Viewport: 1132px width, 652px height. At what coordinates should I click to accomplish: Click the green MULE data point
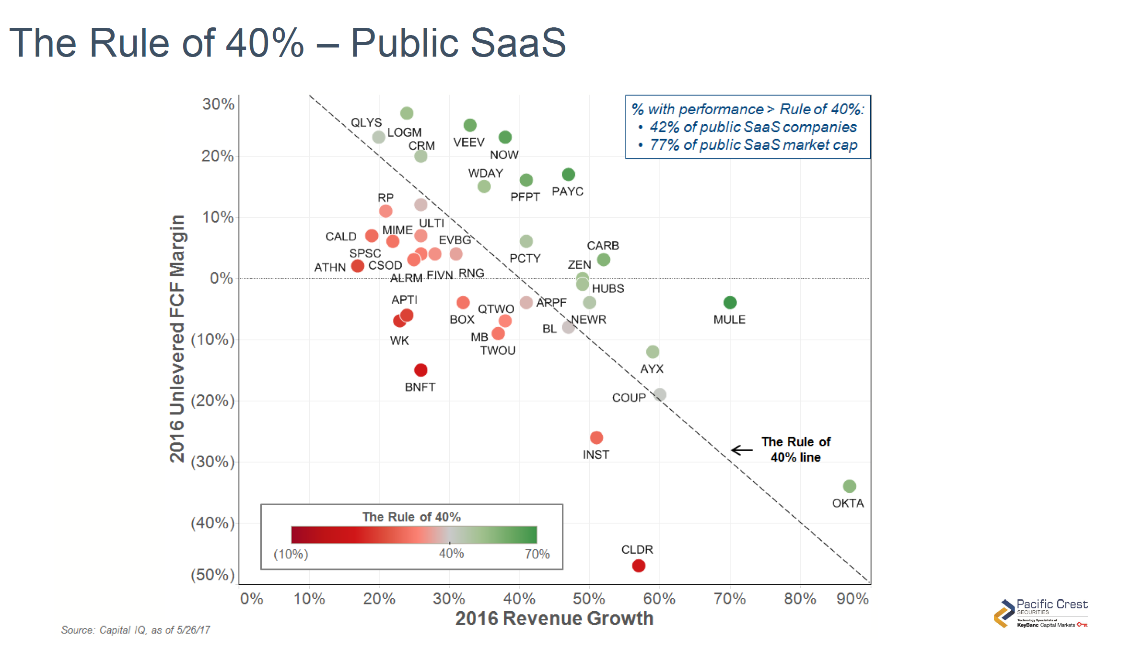(730, 302)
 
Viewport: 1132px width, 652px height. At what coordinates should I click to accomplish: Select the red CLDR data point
(638, 566)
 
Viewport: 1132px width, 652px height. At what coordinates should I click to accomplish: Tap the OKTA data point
(849, 486)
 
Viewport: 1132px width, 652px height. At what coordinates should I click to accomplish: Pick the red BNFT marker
(420, 370)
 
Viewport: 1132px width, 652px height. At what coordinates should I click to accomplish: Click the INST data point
(596, 437)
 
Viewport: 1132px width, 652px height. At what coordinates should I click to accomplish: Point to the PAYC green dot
(568, 174)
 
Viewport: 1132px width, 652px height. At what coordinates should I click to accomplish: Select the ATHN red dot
(357, 266)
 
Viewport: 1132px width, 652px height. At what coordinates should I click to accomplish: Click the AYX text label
(652, 369)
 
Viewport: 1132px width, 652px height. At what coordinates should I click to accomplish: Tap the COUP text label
(629, 398)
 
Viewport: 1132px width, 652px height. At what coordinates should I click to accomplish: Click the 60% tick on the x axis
(659, 599)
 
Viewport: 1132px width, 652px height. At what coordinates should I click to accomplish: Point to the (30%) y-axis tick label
(212, 462)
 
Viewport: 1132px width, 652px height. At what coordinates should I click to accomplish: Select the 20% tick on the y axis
(217, 156)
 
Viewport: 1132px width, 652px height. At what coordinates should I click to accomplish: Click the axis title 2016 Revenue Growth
(554, 618)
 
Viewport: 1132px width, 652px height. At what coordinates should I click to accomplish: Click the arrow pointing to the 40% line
(742, 450)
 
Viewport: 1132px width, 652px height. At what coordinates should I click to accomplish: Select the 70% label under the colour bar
(537, 554)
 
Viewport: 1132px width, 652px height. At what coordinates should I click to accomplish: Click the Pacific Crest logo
(1040, 613)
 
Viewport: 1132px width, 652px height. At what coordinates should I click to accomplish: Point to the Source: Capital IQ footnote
(135, 630)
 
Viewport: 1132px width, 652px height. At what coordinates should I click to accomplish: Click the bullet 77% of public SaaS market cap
(753, 145)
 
